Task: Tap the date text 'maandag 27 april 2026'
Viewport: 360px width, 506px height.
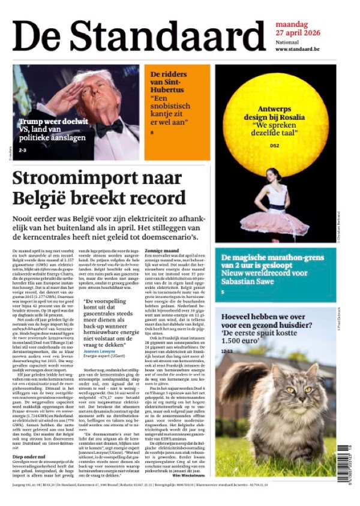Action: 300,29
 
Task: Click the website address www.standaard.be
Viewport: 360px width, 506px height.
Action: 297,49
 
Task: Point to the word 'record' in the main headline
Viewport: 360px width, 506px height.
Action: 156,198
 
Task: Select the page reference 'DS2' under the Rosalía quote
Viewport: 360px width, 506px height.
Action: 275,145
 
